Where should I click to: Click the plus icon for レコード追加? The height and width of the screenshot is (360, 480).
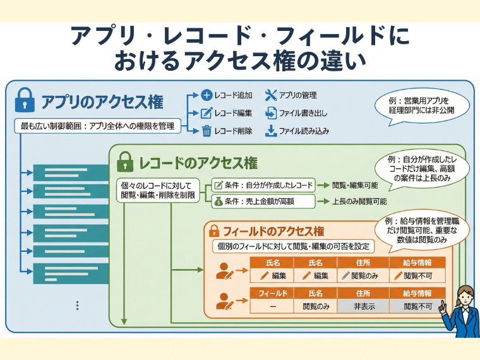[206, 96]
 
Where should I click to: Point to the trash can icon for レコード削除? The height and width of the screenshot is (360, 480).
[206, 131]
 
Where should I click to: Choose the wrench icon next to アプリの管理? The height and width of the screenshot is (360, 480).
[270, 96]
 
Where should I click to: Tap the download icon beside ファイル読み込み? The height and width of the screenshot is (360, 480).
[270, 131]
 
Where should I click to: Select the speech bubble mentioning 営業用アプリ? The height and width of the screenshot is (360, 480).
[422, 104]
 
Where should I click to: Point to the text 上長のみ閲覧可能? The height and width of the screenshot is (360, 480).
[359, 201]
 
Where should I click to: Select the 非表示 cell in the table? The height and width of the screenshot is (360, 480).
[362, 306]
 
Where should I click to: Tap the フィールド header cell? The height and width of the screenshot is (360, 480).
[272, 294]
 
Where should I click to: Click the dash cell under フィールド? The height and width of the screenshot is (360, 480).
[272, 306]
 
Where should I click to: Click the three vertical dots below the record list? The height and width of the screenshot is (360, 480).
[77, 306]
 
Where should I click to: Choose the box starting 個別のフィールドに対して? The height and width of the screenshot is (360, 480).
[294, 246]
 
